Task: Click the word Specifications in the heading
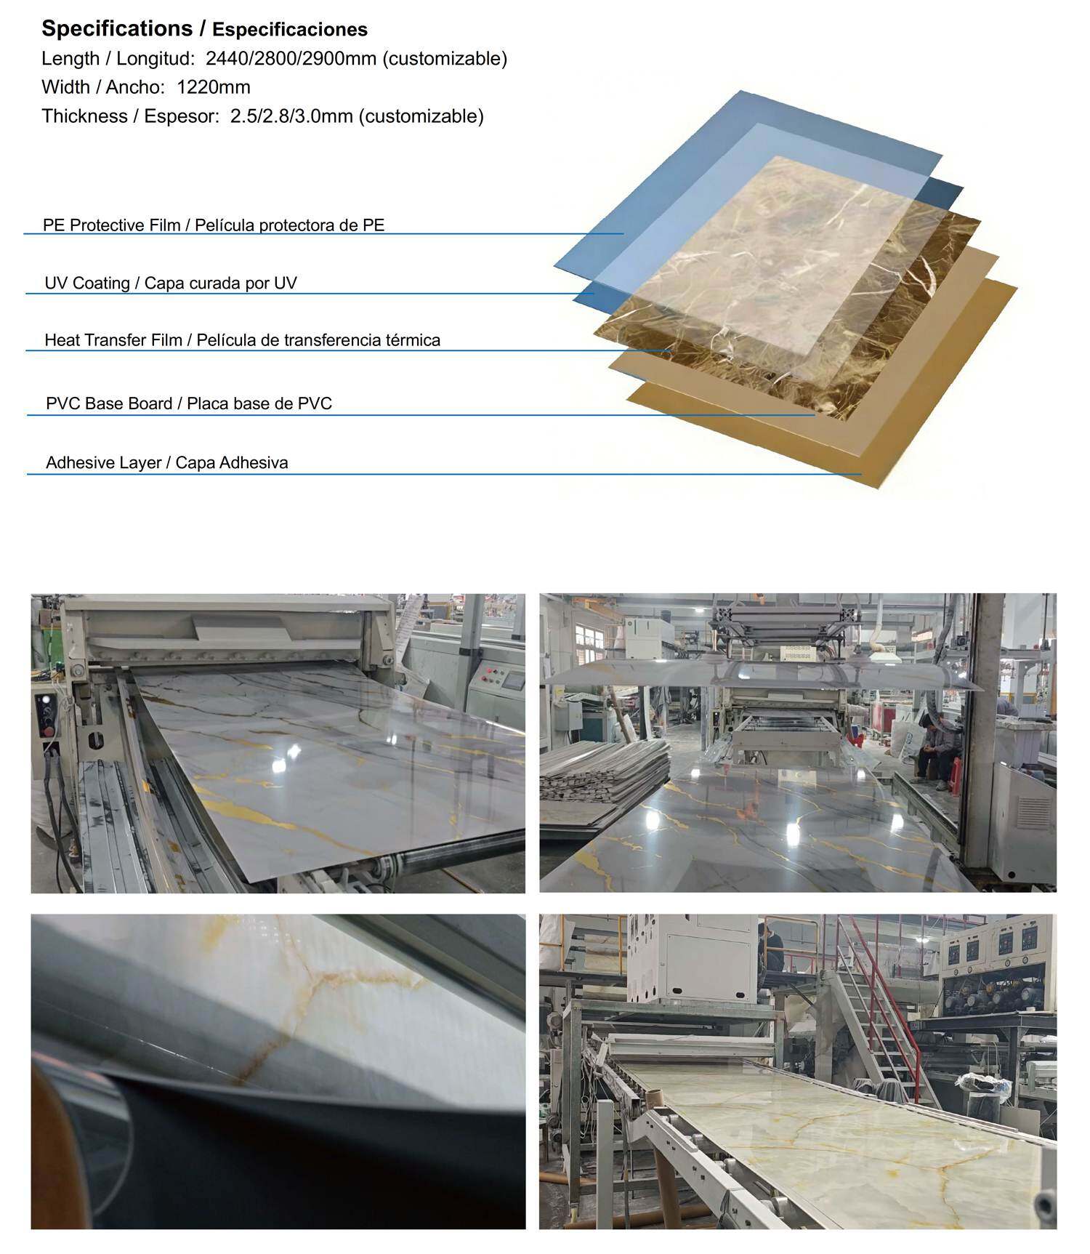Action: tap(117, 29)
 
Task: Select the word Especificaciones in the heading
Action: tap(290, 30)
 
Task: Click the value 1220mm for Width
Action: tap(214, 87)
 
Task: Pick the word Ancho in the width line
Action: tap(133, 87)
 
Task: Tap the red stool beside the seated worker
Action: tap(956, 774)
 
